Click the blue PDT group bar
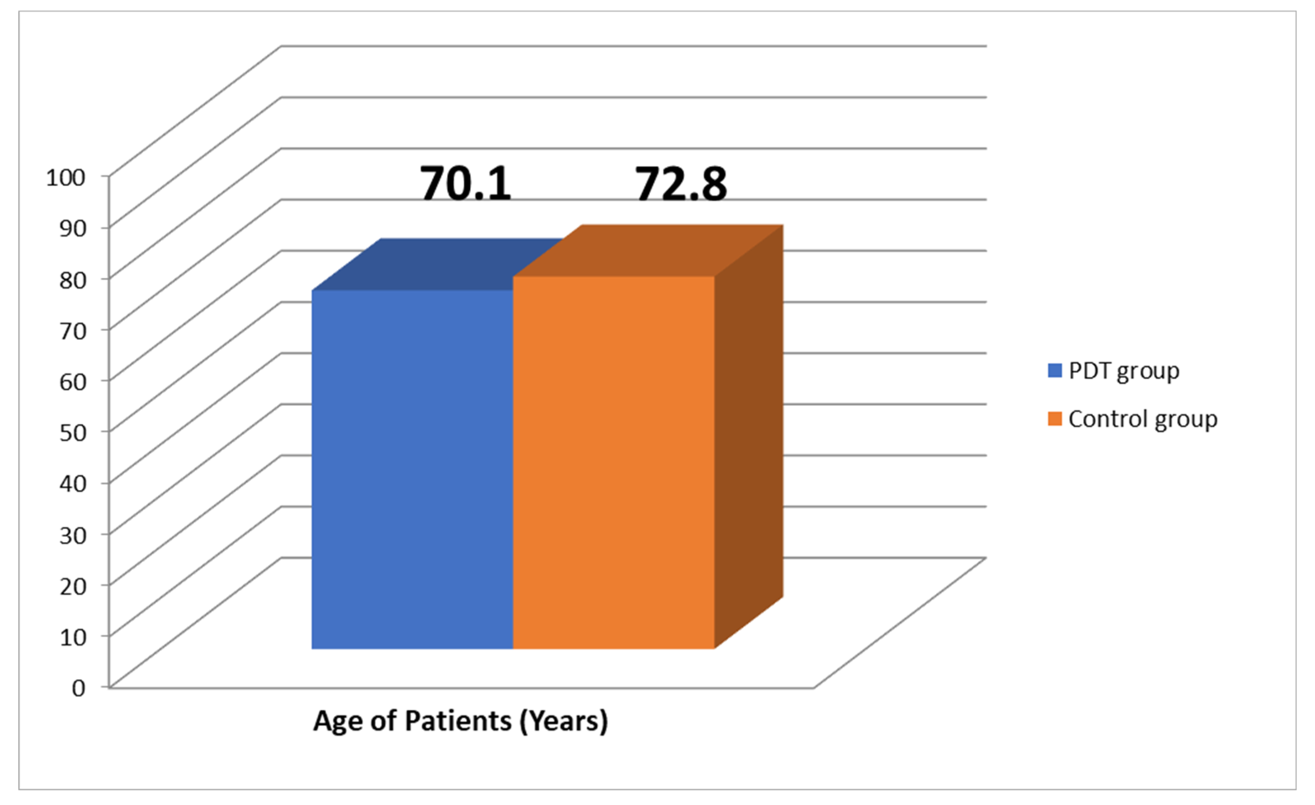(x=412, y=470)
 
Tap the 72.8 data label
(x=681, y=184)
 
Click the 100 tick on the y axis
(x=66, y=178)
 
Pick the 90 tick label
(x=73, y=229)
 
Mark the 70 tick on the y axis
(x=73, y=331)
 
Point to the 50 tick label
(x=73, y=433)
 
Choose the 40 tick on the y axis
(x=73, y=483)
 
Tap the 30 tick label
(x=73, y=535)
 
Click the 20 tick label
(x=73, y=586)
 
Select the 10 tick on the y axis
(x=73, y=637)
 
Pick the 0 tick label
(x=78, y=688)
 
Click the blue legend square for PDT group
(x=1054, y=371)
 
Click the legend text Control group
(x=1143, y=420)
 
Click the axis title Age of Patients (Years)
(x=460, y=721)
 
